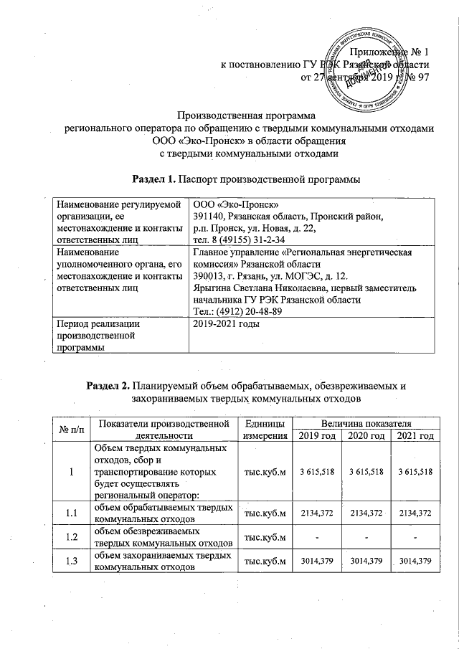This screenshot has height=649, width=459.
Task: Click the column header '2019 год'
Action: [x=316, y=436]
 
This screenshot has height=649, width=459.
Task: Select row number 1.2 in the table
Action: [x=71, y=536]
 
